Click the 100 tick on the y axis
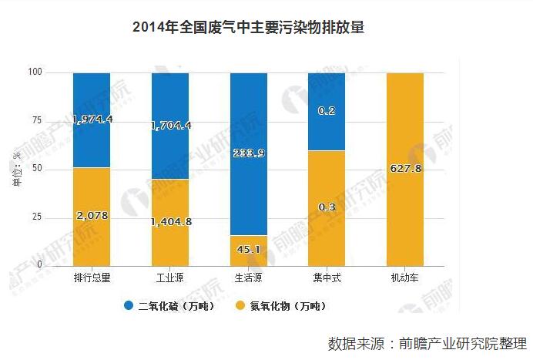35,72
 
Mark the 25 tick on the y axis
37,217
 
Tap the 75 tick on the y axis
37,121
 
